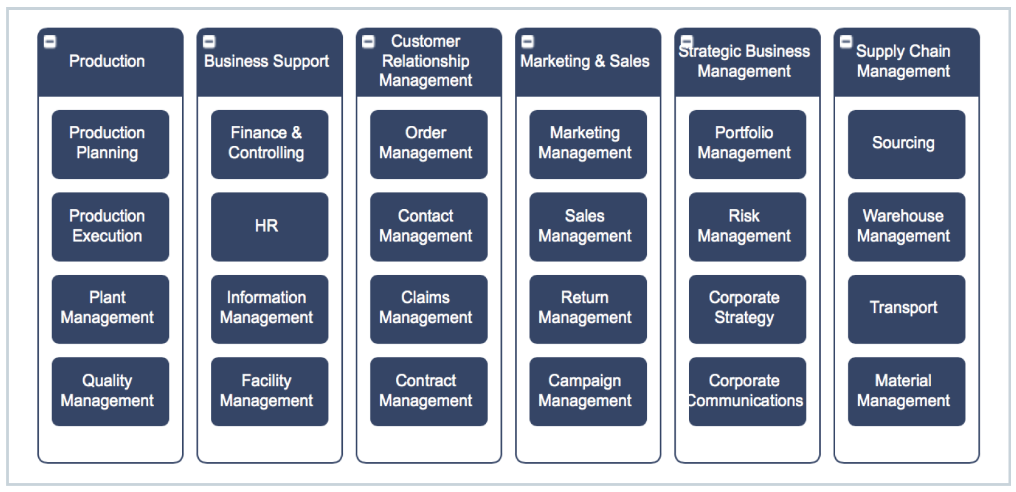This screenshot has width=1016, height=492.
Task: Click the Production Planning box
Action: (x=110, y=144)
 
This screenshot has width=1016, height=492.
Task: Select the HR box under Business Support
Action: (x=269, y=227)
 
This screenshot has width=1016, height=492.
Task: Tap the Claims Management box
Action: (x=429, y=309)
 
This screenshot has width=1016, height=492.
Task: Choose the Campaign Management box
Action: (x=587, y=391)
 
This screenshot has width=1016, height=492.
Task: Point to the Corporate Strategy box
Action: (x=747, y=309)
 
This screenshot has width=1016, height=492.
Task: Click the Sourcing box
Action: (x=906, y=144)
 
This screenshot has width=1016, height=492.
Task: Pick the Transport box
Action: (x=906, y=309)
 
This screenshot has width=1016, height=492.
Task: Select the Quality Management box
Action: (x=110, y=391)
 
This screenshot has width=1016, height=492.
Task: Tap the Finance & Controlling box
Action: (x=269, y=144)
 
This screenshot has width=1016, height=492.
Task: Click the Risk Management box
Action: (x=747, y=227)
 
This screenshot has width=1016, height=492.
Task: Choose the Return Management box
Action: (x=587, y=309)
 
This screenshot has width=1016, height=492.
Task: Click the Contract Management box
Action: (x=429, y=391)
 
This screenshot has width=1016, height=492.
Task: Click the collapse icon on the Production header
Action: (x=50, y=42)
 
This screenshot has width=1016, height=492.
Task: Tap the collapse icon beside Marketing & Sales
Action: (x=528, y=42)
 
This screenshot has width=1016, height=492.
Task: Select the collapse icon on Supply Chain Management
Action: (x=846, y=42)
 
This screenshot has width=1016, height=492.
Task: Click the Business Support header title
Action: (x=267, y=61)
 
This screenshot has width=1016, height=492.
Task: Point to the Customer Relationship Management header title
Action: (x=425, y=61)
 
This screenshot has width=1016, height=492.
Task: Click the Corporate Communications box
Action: (x=747, y=391)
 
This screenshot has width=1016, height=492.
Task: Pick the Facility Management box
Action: (x=269, y=391)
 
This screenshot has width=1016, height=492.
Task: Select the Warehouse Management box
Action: (x=906, y=227)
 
